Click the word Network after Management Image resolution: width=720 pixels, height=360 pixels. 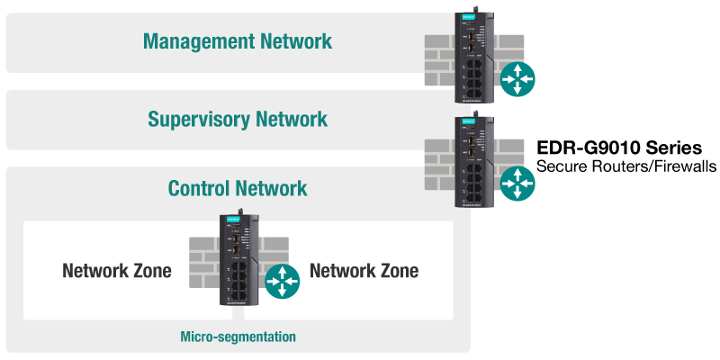pos(293,41)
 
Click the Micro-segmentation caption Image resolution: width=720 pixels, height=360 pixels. pos(238,337)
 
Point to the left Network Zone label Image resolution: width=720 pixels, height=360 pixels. pos(117,271)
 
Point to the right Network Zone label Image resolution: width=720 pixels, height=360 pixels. pos(364,271)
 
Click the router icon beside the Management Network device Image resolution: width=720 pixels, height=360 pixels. pos(518,78)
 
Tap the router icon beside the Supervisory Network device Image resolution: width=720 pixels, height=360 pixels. pos(518,183)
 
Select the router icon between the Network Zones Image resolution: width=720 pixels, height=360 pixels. pos(283,282)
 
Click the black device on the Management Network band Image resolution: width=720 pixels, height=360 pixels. pos(473,50)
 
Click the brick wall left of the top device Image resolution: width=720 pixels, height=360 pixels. pos(440,58)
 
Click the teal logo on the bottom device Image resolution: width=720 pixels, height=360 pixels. pos(232,220)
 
